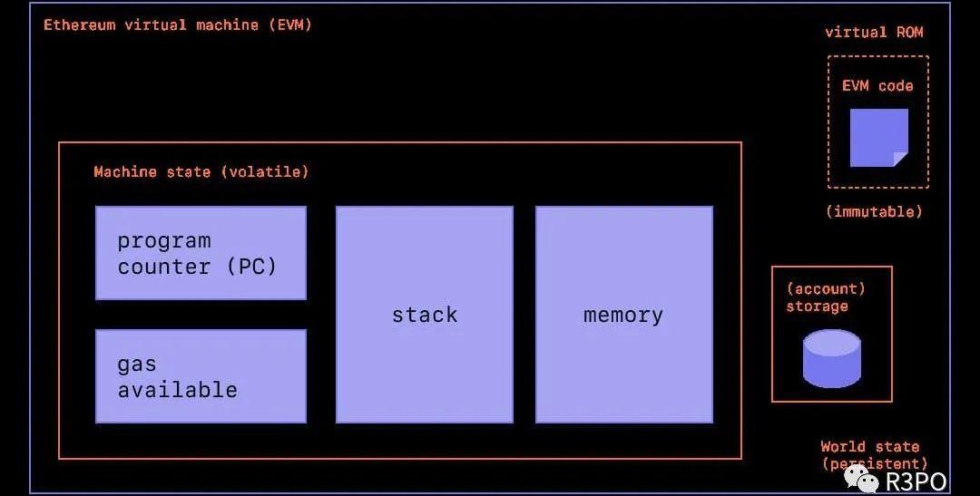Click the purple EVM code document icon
[878, 138]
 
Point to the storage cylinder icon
[831, 358]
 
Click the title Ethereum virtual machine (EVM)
[178, 24]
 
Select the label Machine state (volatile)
[201, 171]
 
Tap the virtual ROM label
[874, 33]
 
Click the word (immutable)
[874, 211]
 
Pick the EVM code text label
[877, 86]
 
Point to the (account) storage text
[825, 297]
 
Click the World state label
[869, 446]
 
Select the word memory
[623, 316]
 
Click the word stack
[425, 315]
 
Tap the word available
[178, 390]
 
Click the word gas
[137, 365]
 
